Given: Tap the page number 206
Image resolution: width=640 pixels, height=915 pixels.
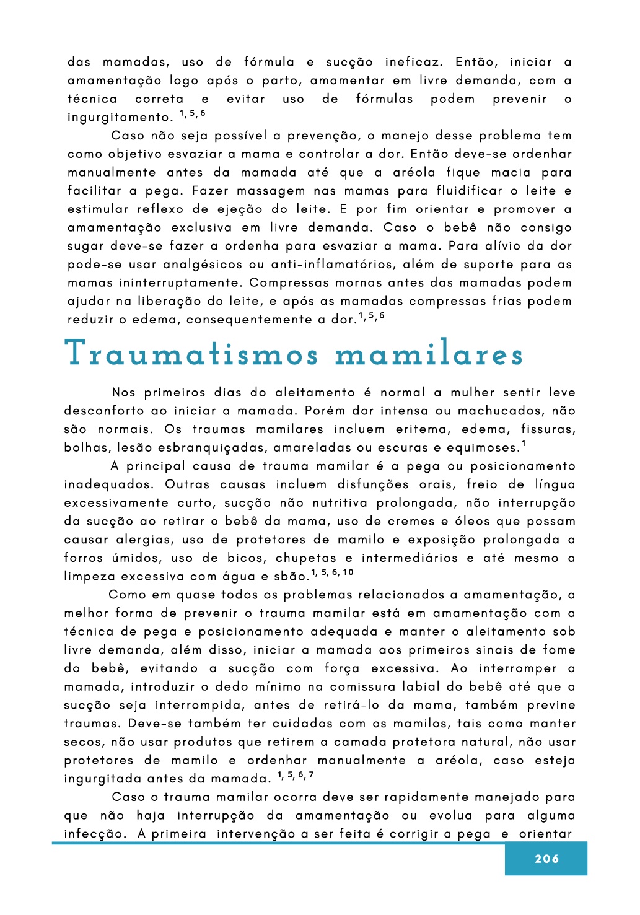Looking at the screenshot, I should [546, 859].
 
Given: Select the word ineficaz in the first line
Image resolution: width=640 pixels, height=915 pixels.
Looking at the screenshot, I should [414, 62].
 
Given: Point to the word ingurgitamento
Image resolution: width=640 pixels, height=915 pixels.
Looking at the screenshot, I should [120, 118].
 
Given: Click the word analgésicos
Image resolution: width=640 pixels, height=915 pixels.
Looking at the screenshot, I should [203, 265].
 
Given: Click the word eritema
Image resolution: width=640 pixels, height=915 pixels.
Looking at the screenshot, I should [421, 429].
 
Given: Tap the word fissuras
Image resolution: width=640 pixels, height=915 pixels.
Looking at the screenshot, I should [548, 429].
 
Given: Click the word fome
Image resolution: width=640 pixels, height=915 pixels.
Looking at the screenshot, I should [559, 650].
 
